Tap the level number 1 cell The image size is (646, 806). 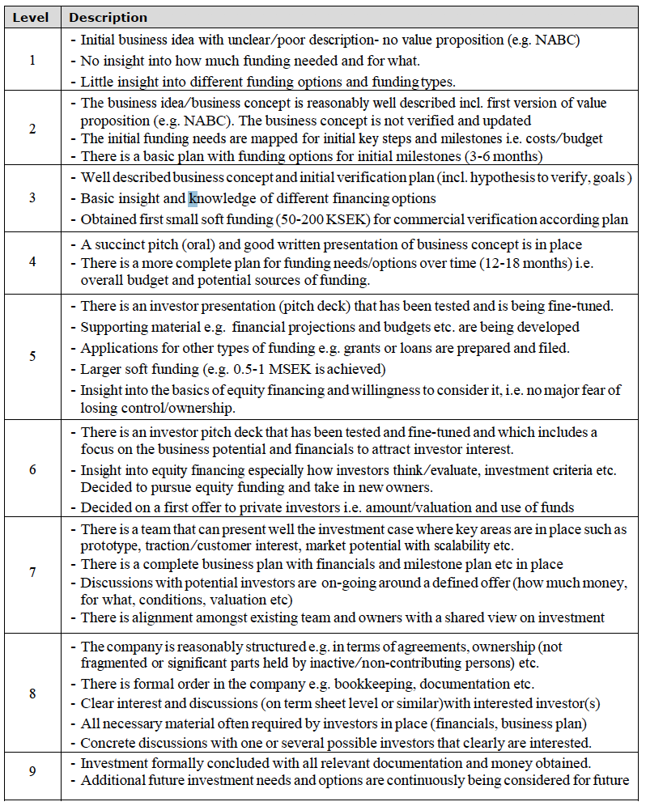32,61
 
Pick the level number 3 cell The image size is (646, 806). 32,198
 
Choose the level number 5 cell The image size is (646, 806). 32,356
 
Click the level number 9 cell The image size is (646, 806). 32,771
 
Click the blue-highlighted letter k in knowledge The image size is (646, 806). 193,198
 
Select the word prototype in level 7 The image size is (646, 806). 108,546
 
